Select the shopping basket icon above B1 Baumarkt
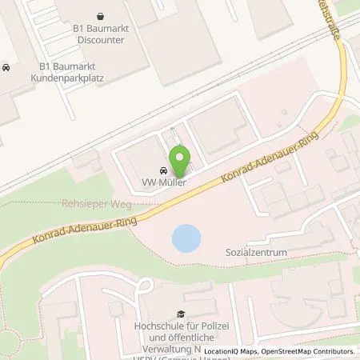[x=99, y=16]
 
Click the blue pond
[x=186, y=237]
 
